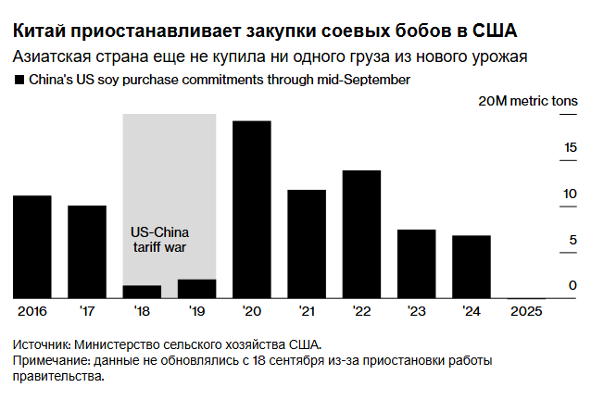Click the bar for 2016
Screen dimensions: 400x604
click(32, 246)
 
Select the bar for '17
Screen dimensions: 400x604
click(87, 251)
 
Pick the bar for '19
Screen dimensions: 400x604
click(196, 288)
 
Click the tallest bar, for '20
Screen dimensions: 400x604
click(251, 209)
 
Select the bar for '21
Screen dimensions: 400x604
click(307, 244)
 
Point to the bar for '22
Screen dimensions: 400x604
click(361, 233)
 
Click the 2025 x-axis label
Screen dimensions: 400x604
click(526, 311)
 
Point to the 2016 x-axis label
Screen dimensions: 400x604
click(32, 311)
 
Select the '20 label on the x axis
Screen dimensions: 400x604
click(251, 311)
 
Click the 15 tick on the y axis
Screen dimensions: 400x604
click(571, 147)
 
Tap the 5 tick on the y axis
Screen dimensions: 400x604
click(573, 240)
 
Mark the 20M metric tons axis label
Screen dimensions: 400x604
click(527, 101)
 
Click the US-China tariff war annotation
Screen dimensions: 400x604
click(159, 239)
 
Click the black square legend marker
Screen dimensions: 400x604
click(19, 81)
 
